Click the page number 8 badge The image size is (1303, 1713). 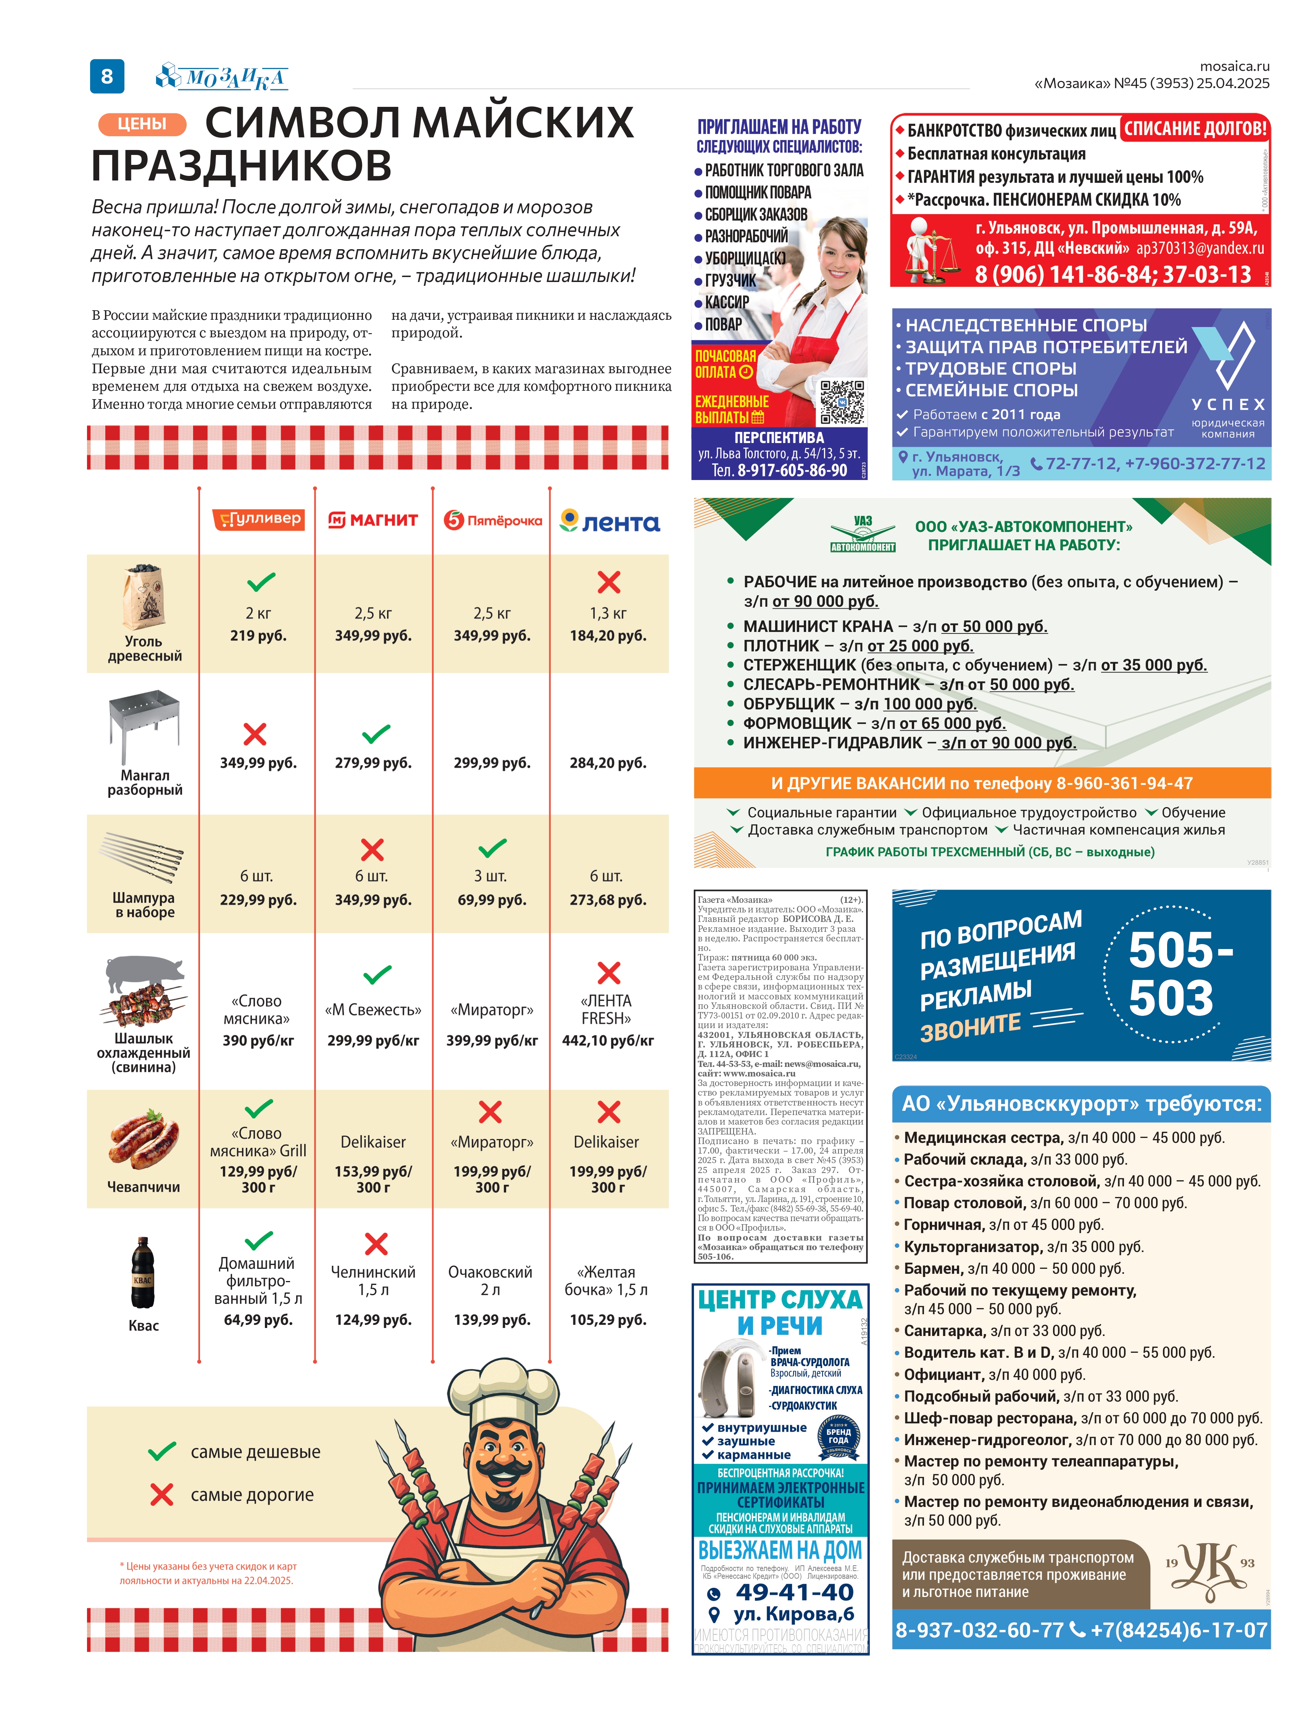(107, 76)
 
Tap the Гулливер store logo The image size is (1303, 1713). (258, 520)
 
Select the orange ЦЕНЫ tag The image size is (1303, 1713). (142, 124)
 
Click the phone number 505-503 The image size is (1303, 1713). (1179, 973)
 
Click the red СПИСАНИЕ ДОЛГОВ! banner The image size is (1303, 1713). (1195, 129)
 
